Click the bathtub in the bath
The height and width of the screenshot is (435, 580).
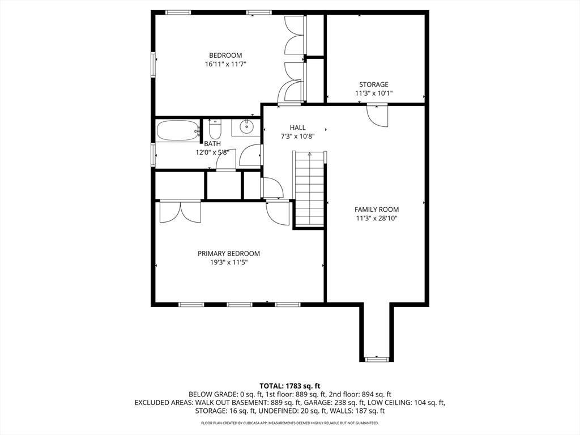click(x=178, y=130)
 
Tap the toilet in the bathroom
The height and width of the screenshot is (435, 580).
click(x=215, y=129)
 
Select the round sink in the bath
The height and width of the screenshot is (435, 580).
click(x=246, y=127)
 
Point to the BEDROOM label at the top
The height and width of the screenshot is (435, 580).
click(x=225, y=56)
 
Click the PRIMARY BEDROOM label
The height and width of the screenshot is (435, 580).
click(x=229, y=254)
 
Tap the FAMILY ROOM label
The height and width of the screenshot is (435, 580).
click(x=377, y=210)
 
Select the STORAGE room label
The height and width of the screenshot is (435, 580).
click(x=374, y=84)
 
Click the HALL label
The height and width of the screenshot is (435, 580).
click(x=298, y=127)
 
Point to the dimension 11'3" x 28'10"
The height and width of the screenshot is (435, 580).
click(x=377, y=218)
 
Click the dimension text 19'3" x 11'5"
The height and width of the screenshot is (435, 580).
click(x=229, y=263)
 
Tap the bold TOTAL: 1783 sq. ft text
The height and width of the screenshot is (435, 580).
click(x=289, y=386)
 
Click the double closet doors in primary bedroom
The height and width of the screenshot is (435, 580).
click(x=180, y=212)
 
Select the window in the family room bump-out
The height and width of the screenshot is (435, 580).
click(x=377, y=359)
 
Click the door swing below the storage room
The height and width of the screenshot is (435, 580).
click(x=377, y=116)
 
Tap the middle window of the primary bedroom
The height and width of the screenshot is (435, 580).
click(x=240, y=304)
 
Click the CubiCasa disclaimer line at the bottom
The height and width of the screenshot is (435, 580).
click(x=289, y=423)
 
